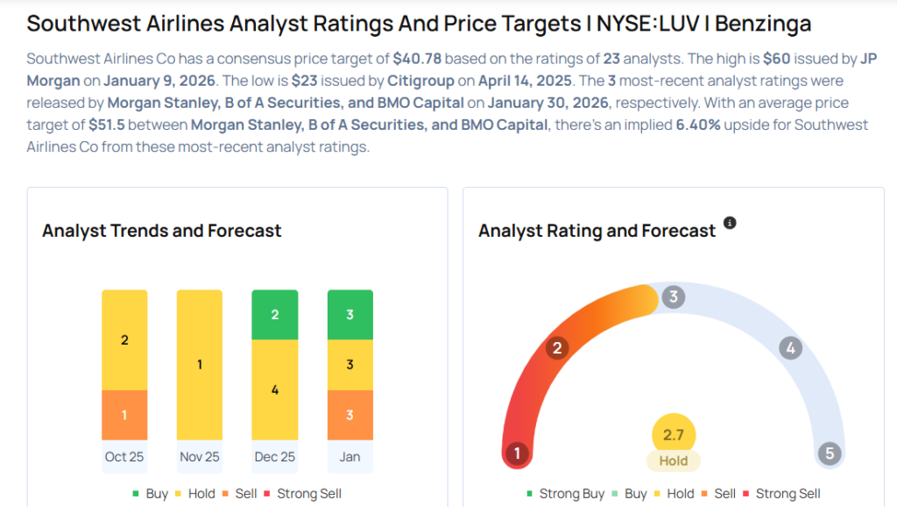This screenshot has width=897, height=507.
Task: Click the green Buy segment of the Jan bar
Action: (350, 314)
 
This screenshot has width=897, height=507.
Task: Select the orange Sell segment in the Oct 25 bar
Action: (124, 415)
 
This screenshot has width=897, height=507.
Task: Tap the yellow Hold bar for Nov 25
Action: (200, 364)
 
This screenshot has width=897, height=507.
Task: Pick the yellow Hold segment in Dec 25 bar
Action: (275, 389)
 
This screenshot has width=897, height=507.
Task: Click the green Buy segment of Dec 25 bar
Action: (275, 314)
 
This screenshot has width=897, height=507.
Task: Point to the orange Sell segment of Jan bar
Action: (350, 415)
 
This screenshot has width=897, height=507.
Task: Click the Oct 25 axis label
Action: (124, 456)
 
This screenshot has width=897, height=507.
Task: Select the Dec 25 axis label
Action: (275, 456)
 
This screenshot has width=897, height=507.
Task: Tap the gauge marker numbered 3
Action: (673, 296)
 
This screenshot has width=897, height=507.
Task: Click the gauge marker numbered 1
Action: (518, 453)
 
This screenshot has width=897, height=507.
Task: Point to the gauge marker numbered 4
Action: (790, 348)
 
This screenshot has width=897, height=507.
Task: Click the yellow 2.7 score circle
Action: (674, 435)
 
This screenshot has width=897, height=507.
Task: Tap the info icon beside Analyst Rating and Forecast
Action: (730, 224)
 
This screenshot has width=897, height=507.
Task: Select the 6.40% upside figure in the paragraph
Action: (698, 125)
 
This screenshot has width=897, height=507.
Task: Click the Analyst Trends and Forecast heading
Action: (162, 231)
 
